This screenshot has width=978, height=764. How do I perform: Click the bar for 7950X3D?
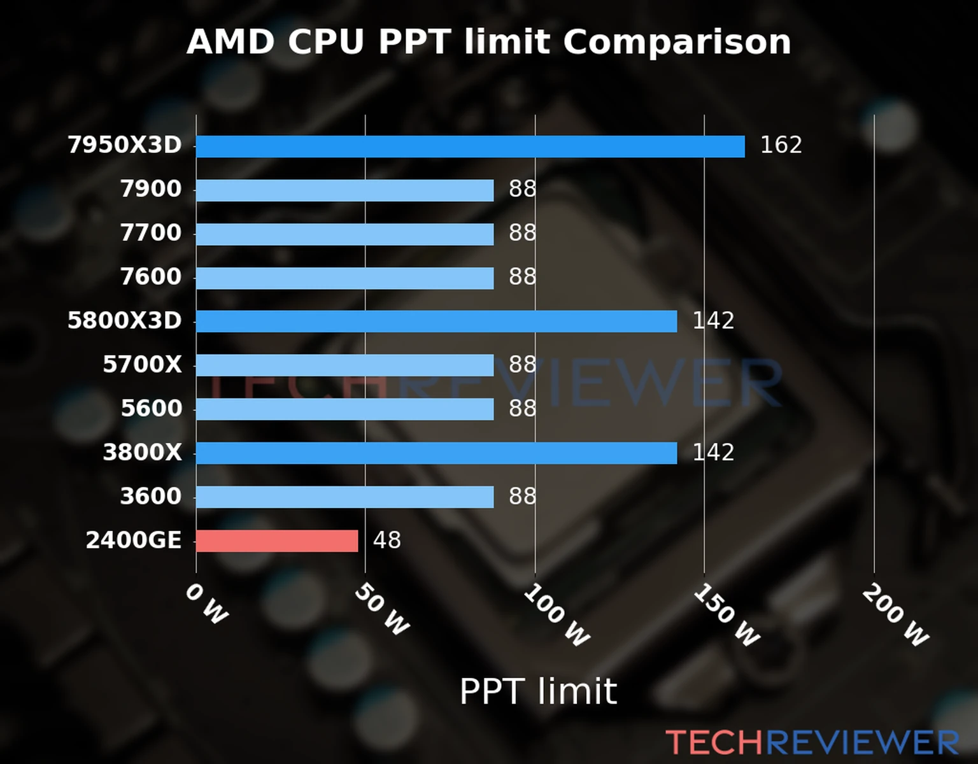470,146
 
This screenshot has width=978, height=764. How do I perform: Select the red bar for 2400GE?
277,541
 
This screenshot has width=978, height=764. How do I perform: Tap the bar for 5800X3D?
436,322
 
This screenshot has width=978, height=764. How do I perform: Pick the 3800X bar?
436,453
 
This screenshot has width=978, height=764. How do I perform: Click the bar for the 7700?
344,234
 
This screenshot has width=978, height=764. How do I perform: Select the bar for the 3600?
344,497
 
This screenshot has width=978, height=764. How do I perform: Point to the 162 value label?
781,145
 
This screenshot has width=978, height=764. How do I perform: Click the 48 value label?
386,541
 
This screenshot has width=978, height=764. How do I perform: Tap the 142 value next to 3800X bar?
713,453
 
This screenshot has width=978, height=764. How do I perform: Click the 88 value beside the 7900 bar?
522,189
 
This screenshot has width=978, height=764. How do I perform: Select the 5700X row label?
142,365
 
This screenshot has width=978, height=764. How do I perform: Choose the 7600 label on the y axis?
151,277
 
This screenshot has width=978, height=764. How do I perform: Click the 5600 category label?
152,409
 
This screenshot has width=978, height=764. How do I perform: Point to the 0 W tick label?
206,604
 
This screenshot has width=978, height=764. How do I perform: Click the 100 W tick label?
556,616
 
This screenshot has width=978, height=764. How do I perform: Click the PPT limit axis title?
538,691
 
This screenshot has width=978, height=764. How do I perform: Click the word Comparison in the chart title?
677,42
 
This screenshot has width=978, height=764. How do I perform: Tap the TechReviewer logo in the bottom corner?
812,743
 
